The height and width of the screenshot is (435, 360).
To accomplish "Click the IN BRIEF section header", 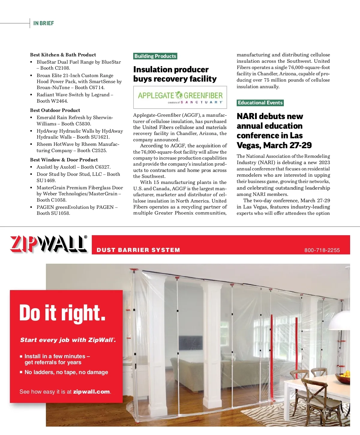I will (x=43, y=23).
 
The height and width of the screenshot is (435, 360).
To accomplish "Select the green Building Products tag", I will (x=155, y=56).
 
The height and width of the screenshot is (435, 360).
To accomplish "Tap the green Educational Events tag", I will (x=260, y=103).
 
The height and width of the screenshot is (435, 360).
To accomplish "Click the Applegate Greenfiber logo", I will (x=180, y=97).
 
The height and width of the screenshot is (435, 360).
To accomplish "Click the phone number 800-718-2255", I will (x=322, y=250).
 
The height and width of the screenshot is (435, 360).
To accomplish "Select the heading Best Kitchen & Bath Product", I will (x=63, y=55).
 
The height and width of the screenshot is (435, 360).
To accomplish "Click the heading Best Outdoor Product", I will (x=55, y=110).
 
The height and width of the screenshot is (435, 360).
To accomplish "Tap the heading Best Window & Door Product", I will (x=64, y=160).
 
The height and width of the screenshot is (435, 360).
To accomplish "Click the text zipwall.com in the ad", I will (x=91, y=392).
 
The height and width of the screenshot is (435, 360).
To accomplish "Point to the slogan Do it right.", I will (x=62, y=313).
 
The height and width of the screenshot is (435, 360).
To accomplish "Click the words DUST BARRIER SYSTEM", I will (x=138, y=250).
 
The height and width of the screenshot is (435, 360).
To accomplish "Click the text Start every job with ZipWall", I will (x=68, y=340).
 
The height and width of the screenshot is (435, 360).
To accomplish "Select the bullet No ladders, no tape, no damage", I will (x=66, y=372).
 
